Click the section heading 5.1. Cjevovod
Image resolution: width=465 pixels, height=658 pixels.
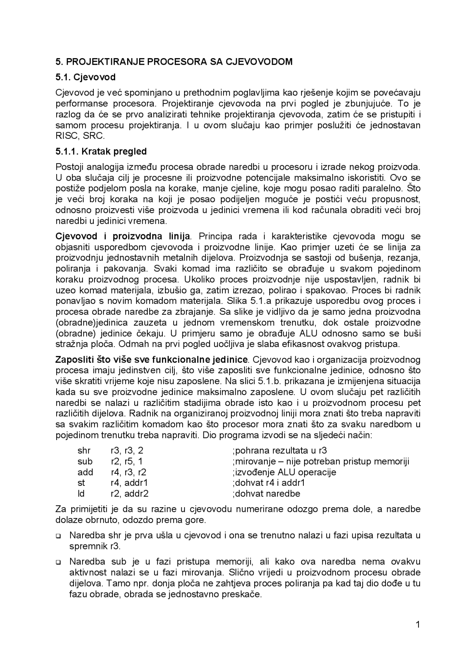click(85, 77)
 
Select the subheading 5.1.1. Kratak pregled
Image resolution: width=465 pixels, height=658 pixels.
click(101, 151)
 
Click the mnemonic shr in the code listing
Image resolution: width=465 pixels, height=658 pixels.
click(84, 451)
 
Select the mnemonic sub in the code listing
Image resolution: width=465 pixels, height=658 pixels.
click(85, 461)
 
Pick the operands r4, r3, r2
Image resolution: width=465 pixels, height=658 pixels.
click(129, 472)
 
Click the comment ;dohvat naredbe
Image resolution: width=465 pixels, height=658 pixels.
click(266, 494)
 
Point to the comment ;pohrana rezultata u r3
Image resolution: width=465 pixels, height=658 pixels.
click(279, 451)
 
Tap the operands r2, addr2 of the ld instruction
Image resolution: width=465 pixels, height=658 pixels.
click(130, 494)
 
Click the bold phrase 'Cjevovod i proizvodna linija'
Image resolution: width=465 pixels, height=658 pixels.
click(123, 236)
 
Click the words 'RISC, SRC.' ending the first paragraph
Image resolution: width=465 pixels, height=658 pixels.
click(80, 136)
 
